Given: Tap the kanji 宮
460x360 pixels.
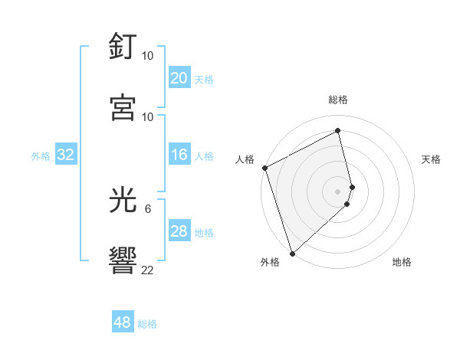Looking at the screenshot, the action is point(124,106).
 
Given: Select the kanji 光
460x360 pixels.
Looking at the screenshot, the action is point(124,201).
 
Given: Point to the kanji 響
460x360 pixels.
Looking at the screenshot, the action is point(124,260).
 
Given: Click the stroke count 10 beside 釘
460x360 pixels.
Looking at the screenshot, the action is point(148,56).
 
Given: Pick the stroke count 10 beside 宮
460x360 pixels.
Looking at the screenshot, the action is point(148,116).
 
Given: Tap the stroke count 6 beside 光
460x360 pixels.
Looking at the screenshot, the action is point(148,208).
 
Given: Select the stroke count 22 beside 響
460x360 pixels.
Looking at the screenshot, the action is point(148,270).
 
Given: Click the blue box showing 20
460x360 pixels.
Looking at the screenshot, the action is point(179,78).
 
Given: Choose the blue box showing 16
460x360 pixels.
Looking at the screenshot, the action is point(179,155).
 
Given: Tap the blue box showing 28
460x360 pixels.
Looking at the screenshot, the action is point(179,231).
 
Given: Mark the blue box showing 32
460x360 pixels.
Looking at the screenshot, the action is point(66,155).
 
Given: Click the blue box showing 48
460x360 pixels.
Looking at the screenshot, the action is point(123,322).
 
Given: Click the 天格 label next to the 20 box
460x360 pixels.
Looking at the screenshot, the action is point(204,80).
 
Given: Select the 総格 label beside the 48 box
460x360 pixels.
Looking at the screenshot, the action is point(147,324).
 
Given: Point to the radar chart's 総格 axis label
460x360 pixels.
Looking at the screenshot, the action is point(338,100).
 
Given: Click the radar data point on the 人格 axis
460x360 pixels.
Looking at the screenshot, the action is point(264,168).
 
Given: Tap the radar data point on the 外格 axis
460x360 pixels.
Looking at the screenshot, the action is point(292,253).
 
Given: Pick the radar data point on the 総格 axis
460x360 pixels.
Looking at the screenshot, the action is point(338,131).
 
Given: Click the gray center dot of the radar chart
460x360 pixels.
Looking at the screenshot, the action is point(338,191).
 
